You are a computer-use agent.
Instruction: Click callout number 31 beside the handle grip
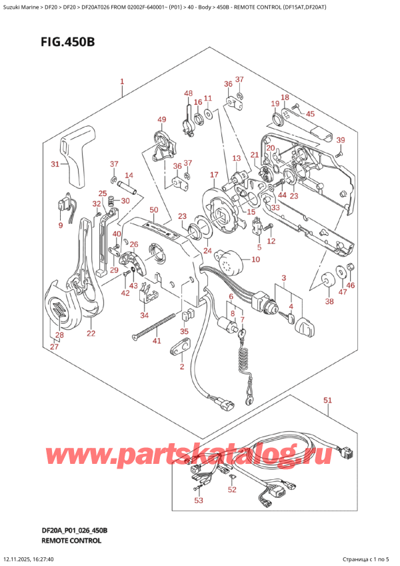55,164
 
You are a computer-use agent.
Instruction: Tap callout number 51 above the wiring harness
327,400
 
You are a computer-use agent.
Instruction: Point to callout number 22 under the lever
91,334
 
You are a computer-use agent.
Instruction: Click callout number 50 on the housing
153,211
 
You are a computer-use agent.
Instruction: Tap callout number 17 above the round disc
214,176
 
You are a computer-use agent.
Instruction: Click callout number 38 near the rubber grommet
329,302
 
